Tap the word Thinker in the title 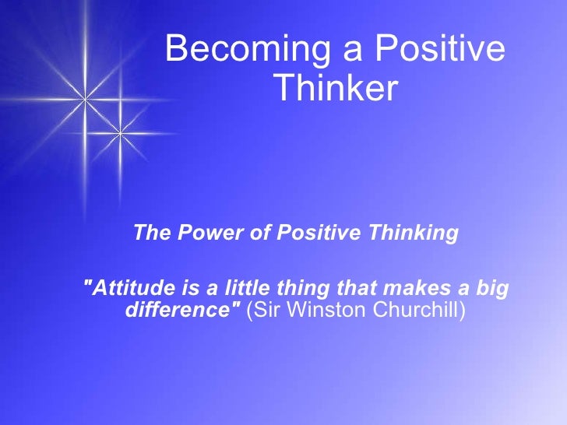pos(336,90)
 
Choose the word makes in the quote pos(401,289)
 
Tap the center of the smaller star pos(120,134)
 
